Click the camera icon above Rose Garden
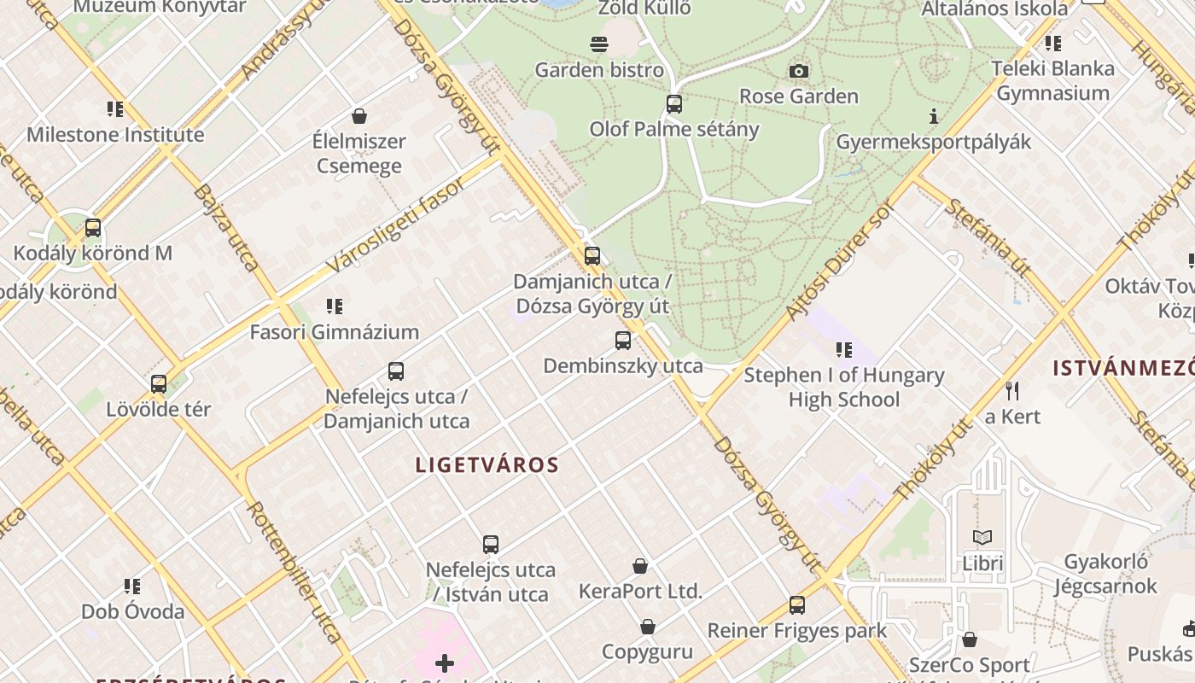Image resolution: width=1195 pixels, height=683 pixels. pyautogui.click(x=798, y=71)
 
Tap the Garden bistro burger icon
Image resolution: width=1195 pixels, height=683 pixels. pyautogui.click(x=599, y=44)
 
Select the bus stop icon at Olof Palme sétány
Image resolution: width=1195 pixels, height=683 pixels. pyautogui.click(x=674, y=104)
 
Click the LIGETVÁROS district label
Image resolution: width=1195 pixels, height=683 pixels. pyautogui.click(x=487, y=465)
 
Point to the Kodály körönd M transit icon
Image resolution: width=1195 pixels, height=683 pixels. pyautogui.click(x=93, y=228)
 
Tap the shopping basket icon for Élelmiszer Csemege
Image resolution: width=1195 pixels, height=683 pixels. pyautogui.click(x=359, y=116)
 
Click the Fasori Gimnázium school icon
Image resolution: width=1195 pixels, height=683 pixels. pyautogui.click(x=335, y=306)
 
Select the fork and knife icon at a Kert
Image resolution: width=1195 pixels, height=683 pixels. pyautogui.click(x=1012, y=391)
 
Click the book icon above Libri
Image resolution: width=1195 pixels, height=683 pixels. pyautogui.click(x=982, y=537)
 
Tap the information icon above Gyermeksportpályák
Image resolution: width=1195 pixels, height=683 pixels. pyautogui.click(x=934, y=116)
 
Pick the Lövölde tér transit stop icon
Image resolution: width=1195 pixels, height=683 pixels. pyautogui.click(x=159, y=383)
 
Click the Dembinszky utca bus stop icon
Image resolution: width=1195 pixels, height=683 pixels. pyautogui.click(x=623, y=340)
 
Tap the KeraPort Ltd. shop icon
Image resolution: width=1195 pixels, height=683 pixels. pyautogui.click(x=640, y=565)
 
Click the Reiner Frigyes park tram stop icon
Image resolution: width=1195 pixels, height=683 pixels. pyautogui.click(x=797, y=604)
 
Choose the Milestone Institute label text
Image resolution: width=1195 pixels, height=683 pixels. pyautogui.click(x=115, y=135)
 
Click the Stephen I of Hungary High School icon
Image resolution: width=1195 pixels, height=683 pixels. pyautogui.click(x=844, y=348)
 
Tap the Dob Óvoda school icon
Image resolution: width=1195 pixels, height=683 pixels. pyautogui.click(x=132, y=586)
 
